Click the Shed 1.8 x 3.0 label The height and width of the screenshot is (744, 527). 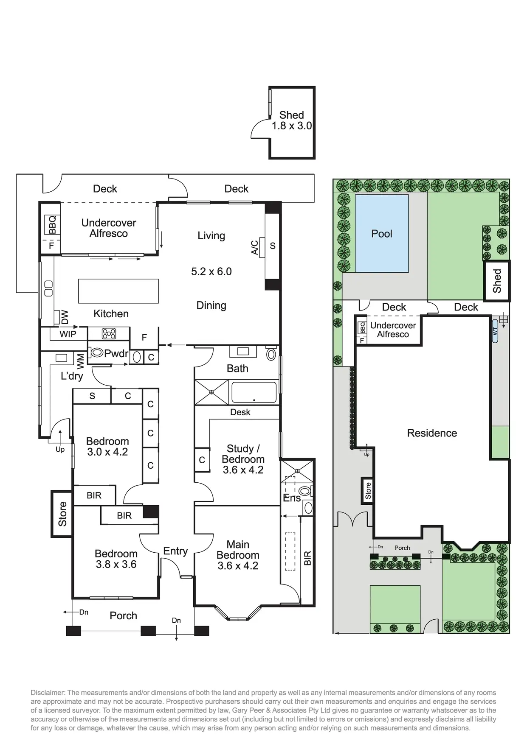click(292, 120)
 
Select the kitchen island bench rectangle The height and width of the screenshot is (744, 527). click(118, 291)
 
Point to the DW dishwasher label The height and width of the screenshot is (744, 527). click(64, 316)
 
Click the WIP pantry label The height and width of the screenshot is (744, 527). click(68, 334)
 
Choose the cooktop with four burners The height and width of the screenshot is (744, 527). click(109, 334)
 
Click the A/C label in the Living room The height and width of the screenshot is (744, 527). click(255, 247)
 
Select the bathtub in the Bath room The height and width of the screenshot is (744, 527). click(254, 392)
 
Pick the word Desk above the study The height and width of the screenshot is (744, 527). click(240, 412)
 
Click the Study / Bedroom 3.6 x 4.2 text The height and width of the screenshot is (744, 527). click(243, 459)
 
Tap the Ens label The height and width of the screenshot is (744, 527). click(292, 498)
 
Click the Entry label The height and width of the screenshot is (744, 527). click(175, 551)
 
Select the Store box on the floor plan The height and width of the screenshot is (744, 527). click(62, 514)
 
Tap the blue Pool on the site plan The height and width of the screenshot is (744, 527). click(382, 234)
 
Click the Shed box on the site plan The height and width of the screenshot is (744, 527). click(497, 281)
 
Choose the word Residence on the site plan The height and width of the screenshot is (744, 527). click(432, 433)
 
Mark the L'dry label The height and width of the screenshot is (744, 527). click(72, 376)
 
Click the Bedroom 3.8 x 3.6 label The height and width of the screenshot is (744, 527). click(116, 559)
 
